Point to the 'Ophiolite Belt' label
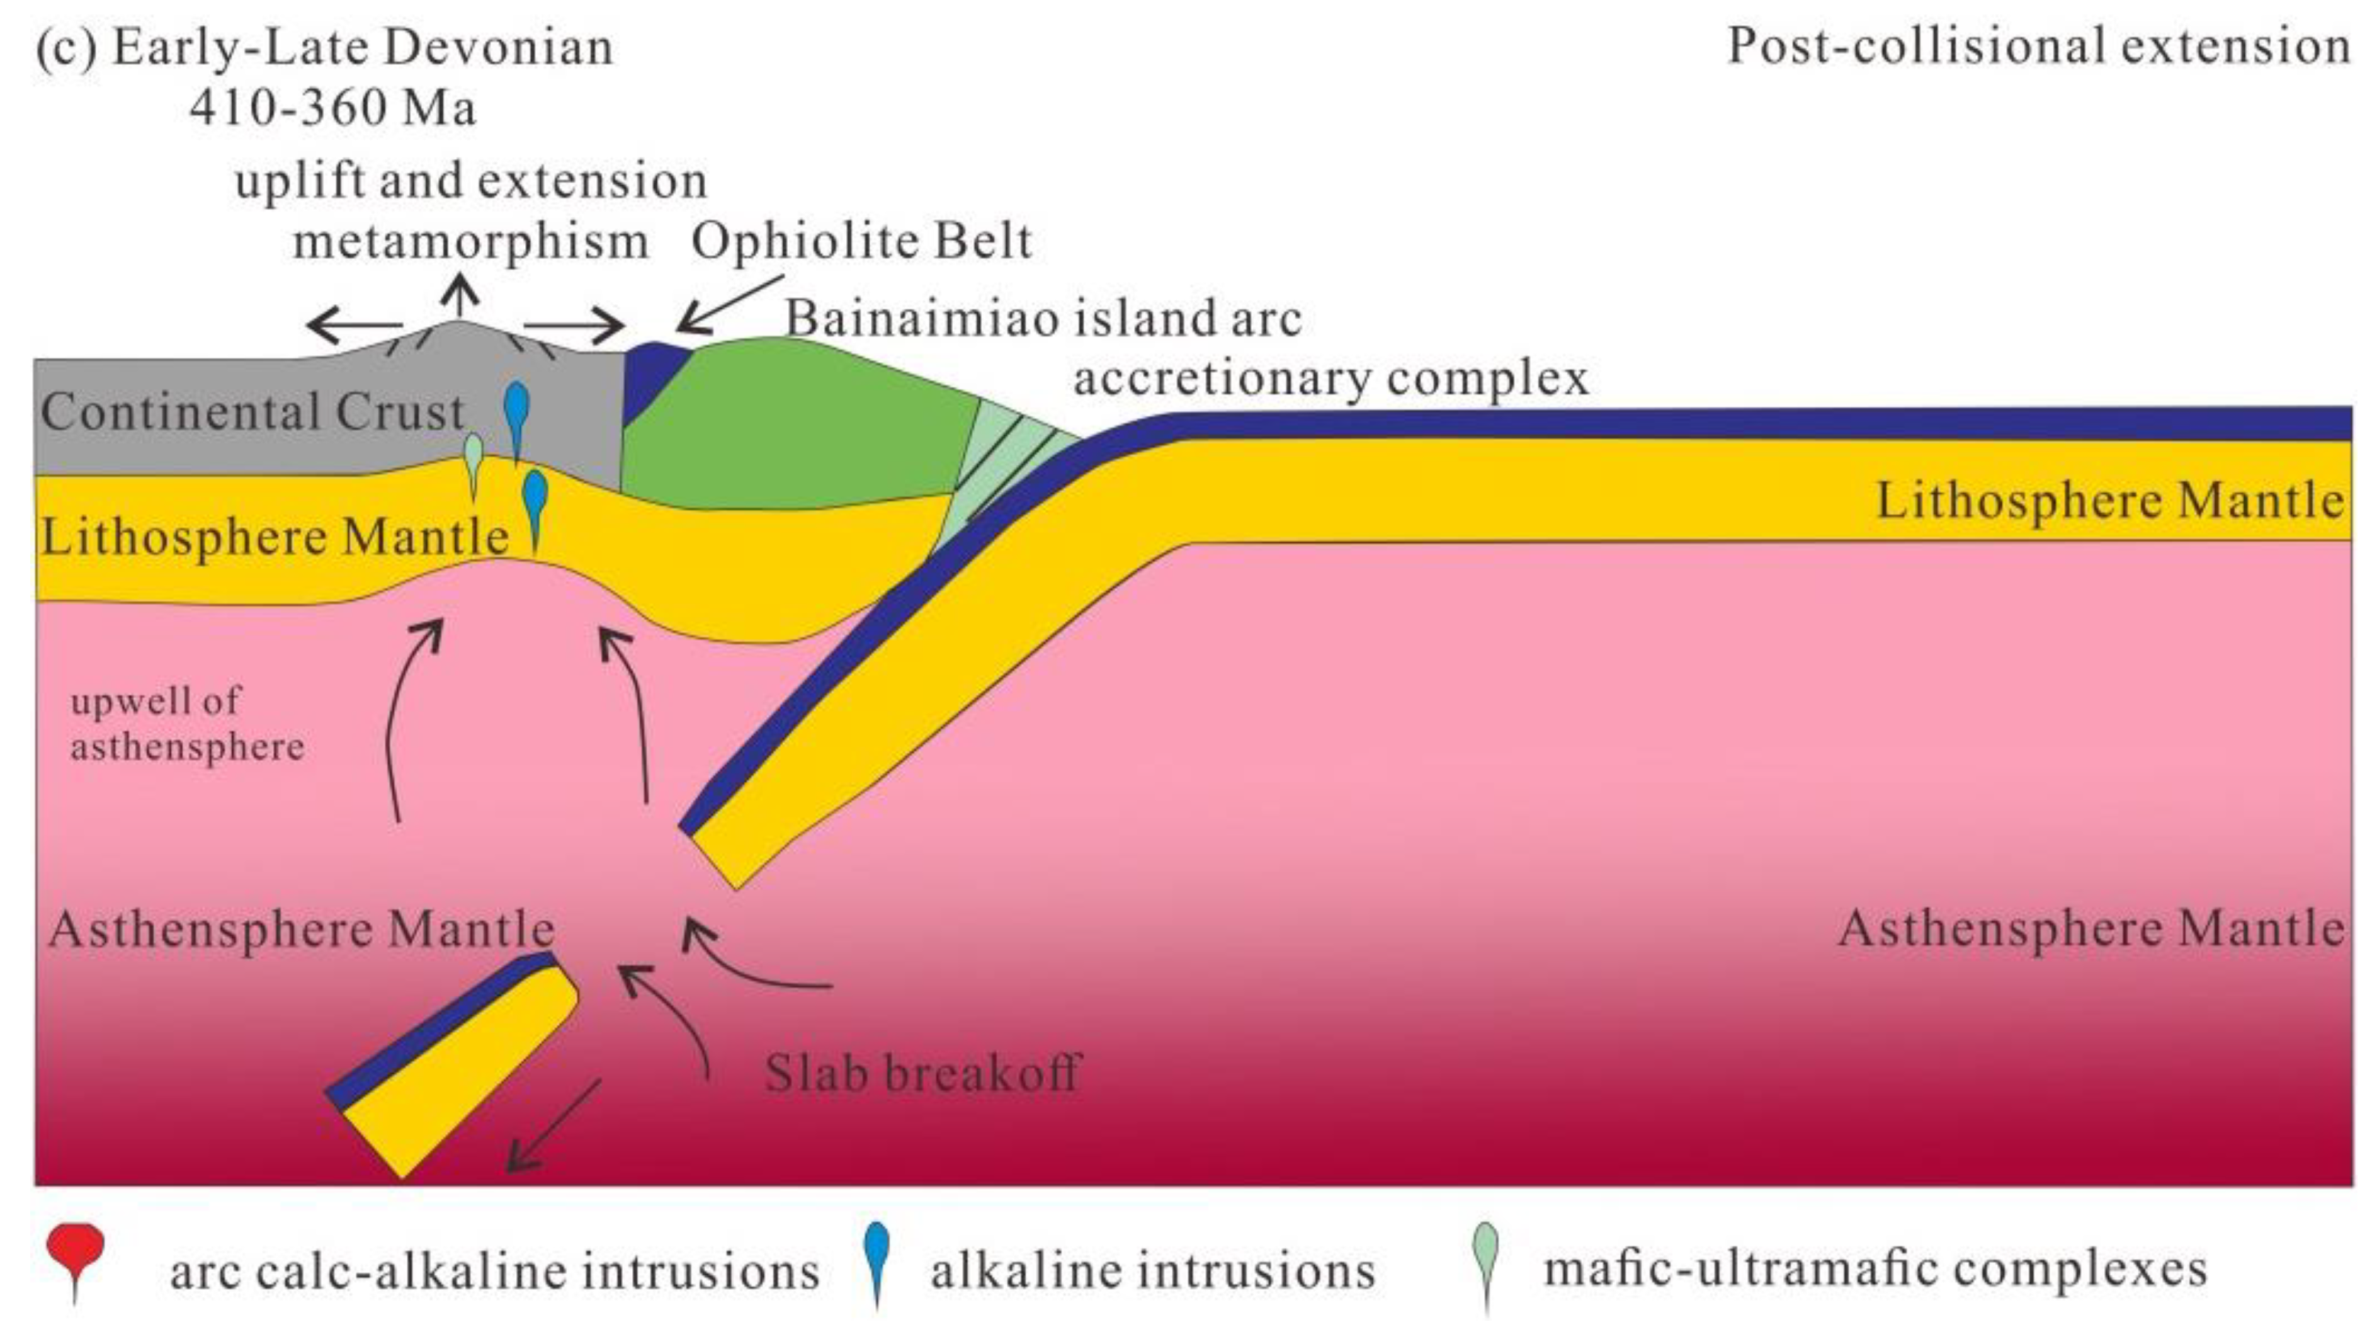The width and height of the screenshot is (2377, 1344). point(862,242)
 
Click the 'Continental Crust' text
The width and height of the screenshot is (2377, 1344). point(252,412)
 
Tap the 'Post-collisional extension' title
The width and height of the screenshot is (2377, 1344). point(2038,46)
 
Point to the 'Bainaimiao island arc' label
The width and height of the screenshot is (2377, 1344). point(1043,319)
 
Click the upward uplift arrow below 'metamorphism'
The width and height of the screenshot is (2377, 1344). point(462,297)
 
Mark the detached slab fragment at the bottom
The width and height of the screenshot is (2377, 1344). point(452,1062)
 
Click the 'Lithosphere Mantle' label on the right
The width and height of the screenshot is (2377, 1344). point(2109,501)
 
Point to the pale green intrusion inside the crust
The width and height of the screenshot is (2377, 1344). point(474,458)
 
